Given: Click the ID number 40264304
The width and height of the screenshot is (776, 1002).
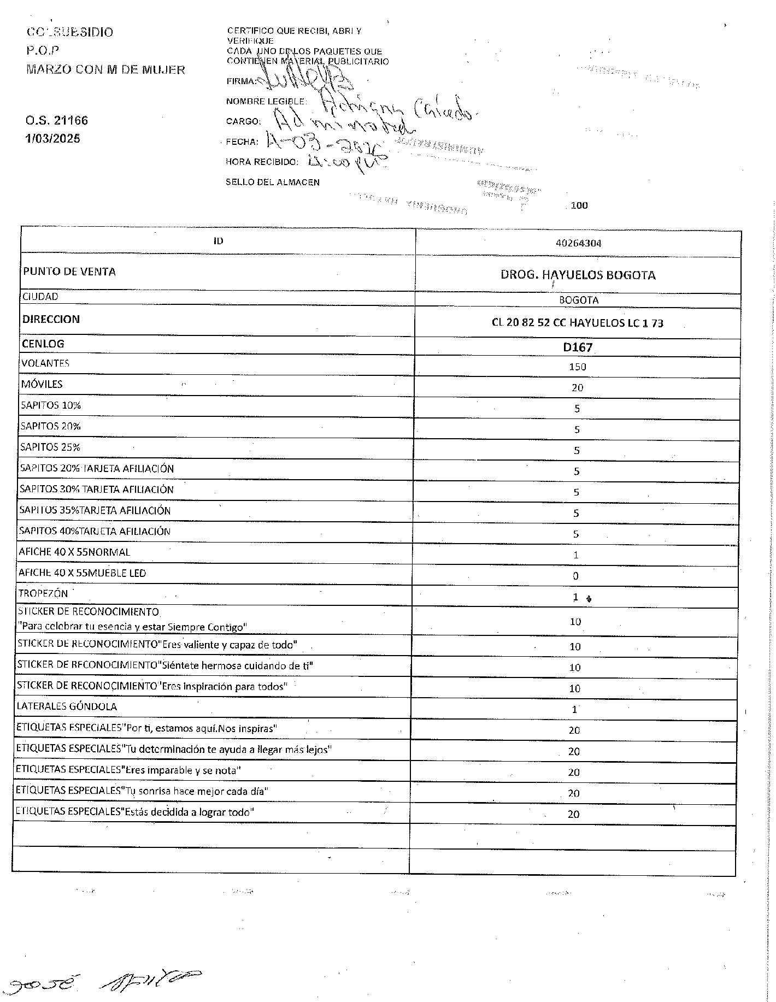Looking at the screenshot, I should [578, 244].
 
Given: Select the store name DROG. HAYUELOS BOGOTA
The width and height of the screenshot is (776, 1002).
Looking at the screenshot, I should [578, 275].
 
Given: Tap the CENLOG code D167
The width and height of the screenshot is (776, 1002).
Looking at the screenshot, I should [578, 347].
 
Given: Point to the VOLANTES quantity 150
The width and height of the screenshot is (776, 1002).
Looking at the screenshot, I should [577, 367].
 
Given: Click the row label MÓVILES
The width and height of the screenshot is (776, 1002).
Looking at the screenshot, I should [42, 384].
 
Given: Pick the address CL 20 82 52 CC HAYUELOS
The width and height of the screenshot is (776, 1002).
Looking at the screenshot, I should [577, 323].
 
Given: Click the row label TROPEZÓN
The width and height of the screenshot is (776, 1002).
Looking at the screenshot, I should [43, 593].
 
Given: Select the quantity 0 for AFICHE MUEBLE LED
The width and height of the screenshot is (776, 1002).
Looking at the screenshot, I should [575, 576].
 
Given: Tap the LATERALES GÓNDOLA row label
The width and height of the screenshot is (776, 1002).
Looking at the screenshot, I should [67, 706].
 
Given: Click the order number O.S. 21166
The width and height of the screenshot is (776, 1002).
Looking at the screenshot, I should [57, 121].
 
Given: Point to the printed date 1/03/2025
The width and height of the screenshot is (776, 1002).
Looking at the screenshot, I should [52, 139].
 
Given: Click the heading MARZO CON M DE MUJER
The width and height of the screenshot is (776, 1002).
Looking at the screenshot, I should [105, 70].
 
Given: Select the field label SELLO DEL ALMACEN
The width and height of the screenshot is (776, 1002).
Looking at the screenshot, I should [273, 182].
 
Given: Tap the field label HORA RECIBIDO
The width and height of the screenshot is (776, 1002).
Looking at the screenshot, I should [262, 162].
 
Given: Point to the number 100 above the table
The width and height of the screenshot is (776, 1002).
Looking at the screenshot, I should [579, 206].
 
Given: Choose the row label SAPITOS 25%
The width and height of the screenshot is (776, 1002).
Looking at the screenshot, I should [50, 447].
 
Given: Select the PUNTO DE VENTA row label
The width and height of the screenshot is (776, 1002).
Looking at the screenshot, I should [69, 272].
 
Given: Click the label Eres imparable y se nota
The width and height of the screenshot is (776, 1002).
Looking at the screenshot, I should [128, 770].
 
